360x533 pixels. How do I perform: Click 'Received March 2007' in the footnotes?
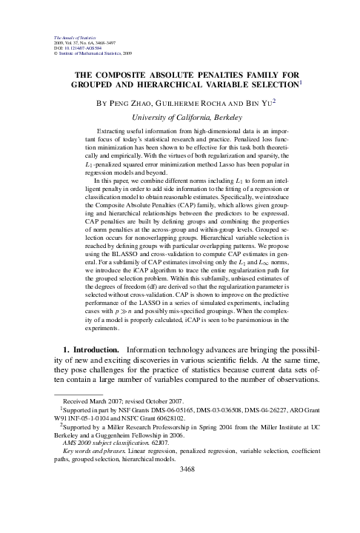click(x=81, y=441)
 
